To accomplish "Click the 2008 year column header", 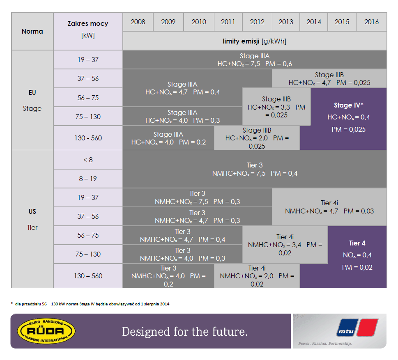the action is click(x=138, y=22).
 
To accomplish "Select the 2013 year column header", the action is click(x=286, y=22).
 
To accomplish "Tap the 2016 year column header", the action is click(x=371, y=22).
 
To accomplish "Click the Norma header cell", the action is click(x=32, y=31).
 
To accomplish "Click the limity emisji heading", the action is click(x=255, y=41).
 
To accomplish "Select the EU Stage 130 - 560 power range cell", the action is click(x=88, y=138).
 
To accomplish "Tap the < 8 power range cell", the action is click(x=88, y=160).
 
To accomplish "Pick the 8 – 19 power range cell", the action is click(x=88, y=179).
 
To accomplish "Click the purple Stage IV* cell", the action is click(x=348, y=117).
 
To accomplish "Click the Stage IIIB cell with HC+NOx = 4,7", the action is click(x=329, y=79).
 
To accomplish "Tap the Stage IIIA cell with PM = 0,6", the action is click(x=255, y=60).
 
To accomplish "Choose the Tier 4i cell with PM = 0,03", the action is click(x=329, y=207).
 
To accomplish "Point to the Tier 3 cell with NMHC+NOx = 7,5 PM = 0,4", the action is click(x=255, y=169).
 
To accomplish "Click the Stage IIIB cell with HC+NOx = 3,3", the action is click(x=276, y=107).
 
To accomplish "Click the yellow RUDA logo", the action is click(x=46, y=331).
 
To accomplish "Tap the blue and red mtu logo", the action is click(x=357, y=328).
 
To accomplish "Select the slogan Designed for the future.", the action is click(x=184, y=332).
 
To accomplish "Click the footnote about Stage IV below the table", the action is click(x=90, y=304).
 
